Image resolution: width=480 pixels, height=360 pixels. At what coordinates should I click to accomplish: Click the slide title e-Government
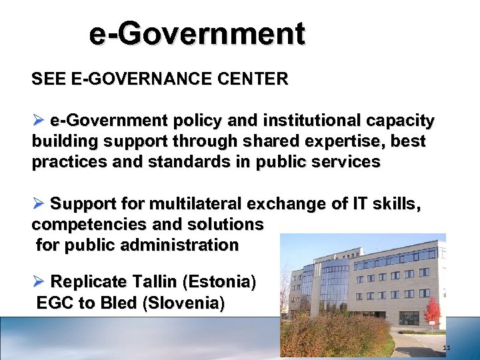click(x=197, y=33)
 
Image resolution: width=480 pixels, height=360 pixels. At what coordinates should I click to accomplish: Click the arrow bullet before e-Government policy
click(x=38, y=121)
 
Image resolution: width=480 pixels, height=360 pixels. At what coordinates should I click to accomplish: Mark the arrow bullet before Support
click(x=38, y=203)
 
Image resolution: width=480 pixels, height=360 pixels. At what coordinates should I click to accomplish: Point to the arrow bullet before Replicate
click(x=38, y=281)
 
